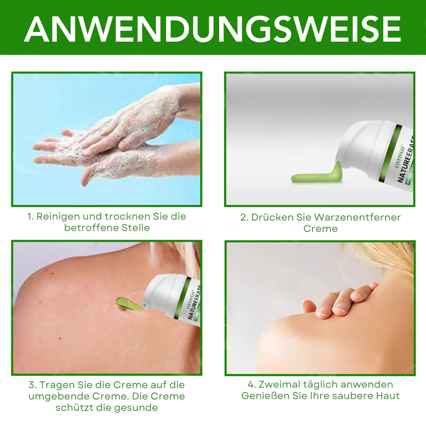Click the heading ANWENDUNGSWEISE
[x=213, y=28]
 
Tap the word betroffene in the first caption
[x=88, y=228]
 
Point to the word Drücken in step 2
[x=269, y=217]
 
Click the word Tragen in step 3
[x=61, y=385]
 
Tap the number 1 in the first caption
[x=29, y=216]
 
